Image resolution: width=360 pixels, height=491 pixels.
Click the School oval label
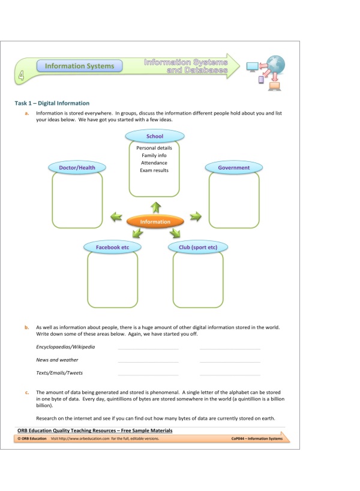click(x=155, y=137)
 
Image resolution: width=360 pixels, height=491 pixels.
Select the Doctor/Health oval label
click(x=77, y=168)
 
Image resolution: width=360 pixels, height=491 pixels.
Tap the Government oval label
click(x=233, y=168)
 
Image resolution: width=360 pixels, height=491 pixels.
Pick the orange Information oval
click(x=155, y=222)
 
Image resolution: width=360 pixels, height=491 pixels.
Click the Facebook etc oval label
click(x=113, y=247)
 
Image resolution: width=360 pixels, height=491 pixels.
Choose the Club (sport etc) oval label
click(x=197, y=247)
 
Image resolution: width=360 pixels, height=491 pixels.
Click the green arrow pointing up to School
click(x=155, y=207)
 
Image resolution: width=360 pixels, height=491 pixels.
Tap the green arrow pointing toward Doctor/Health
click(x=115, y=216)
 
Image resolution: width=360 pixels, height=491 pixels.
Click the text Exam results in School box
click(x=154, y=170)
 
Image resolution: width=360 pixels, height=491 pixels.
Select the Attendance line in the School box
click(x=154, y=163)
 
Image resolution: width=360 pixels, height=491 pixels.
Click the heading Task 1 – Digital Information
click(x=52, y=103)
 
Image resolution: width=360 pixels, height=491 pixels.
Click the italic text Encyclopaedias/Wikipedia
click(x=65, y=347)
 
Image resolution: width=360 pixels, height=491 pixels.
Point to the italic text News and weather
click(x=57, y=360)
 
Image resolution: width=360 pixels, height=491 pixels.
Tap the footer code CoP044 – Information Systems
click(x=256, y=439)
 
